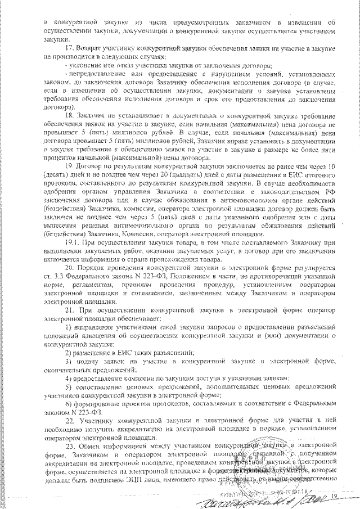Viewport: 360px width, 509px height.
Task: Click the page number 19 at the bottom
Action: coord(334,496)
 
